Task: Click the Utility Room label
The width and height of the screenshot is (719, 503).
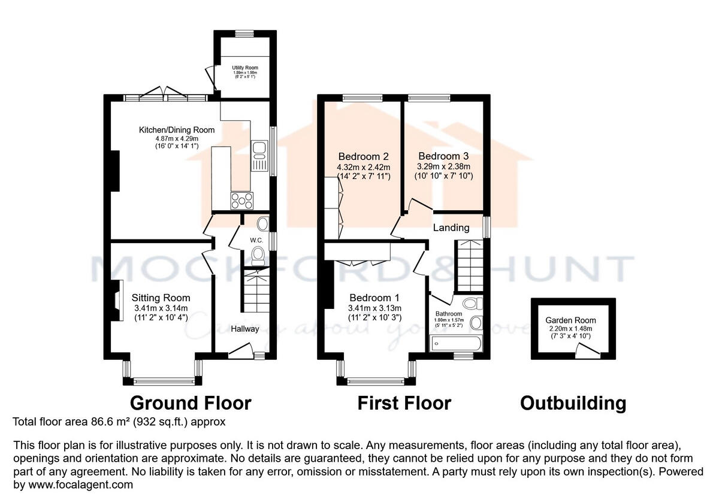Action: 244,68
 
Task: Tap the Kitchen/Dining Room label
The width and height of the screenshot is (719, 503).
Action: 177,130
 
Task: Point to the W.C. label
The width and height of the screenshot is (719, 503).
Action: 256,240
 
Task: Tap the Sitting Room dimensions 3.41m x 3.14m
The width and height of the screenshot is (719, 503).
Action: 161,308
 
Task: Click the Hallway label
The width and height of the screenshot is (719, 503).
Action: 245,329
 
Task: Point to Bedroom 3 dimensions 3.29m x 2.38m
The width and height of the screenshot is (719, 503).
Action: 445,166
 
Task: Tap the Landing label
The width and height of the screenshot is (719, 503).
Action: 451,227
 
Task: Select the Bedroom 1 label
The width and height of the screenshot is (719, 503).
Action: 375,298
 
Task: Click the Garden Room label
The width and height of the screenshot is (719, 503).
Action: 570,320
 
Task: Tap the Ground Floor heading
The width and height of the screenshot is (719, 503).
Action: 191,403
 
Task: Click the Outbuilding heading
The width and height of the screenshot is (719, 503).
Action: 573,403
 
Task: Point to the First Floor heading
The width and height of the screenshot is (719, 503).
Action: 404,403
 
